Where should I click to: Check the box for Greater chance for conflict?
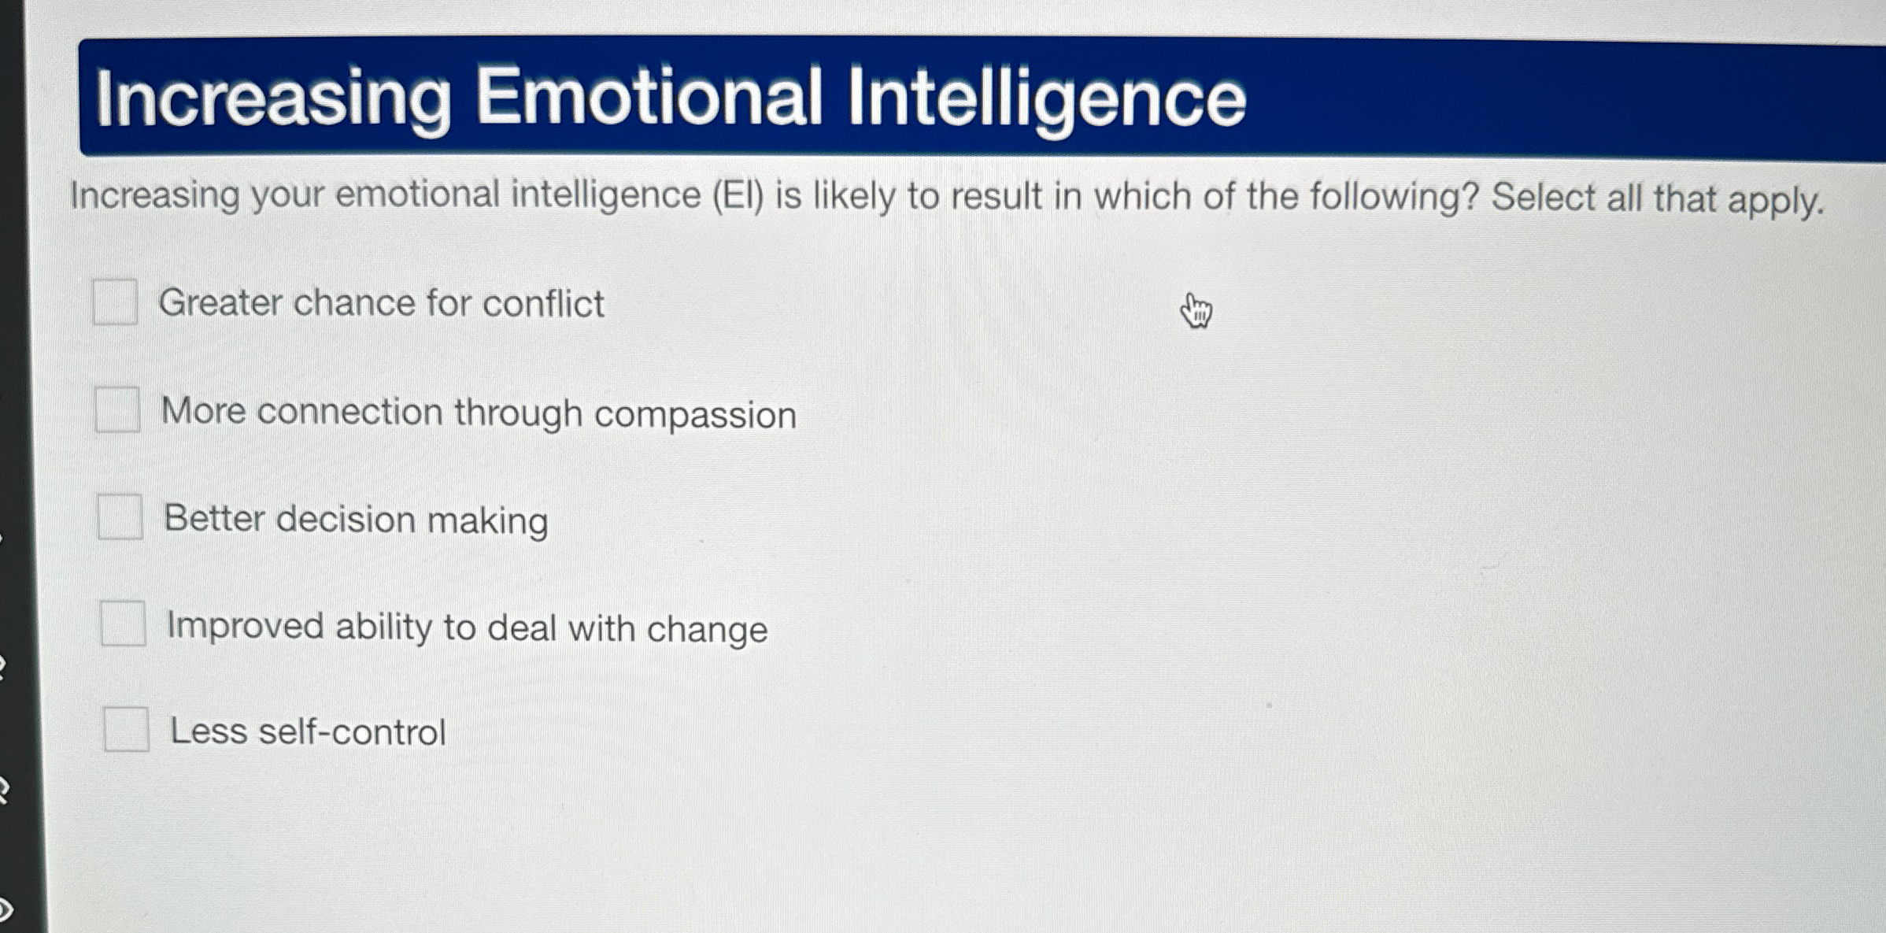tap(115, 302)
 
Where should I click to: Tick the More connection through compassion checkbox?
tap(117, 409)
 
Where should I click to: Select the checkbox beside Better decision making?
tap(120, 517)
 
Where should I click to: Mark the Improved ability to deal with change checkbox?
tap(123, 624)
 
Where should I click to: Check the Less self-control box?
tap(126, 729)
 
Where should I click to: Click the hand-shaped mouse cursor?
tap(1196, 310)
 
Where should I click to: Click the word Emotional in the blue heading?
tap(649, 98)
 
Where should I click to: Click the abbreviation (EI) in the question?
tap(738, 195)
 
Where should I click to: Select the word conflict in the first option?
tap(543, 304)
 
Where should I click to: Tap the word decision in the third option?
tap(346, 520)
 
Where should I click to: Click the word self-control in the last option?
tap(352, 732)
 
